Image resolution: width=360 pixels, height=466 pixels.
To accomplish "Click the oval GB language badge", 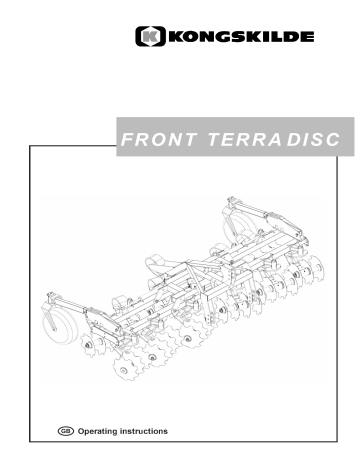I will tap(70, 432).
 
